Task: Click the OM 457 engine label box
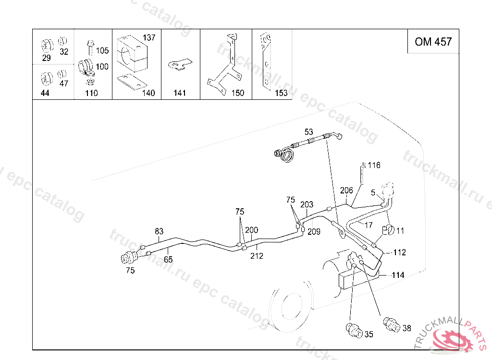pyautogui.click(x=433, y=42)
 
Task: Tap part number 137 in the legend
pyautogui.click(x=149, y=37)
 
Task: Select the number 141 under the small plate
pyautogui.click(x=179, y=93)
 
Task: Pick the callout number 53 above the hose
pyautogui.click(x=308, y=132)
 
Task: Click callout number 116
pyautogui.click(x=374, y=165)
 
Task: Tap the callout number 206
pyautogui.click(x=346, y=190)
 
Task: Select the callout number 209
pyautogui.click(x=314, y=232)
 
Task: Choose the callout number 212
pyautogui.click(x=257, y=256)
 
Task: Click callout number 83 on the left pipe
pyautogui.click(x=159, y=231)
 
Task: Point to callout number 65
pyautogui.click(x=168, y=260)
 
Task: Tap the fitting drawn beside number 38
pyautogui.click(x=391, y=324)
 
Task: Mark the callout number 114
pyautogui.click(x=398, y=275)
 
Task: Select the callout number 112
pyautogui.click(x=400, y=252)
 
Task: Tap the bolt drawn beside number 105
pyautogui.click(x=90, y=47)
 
